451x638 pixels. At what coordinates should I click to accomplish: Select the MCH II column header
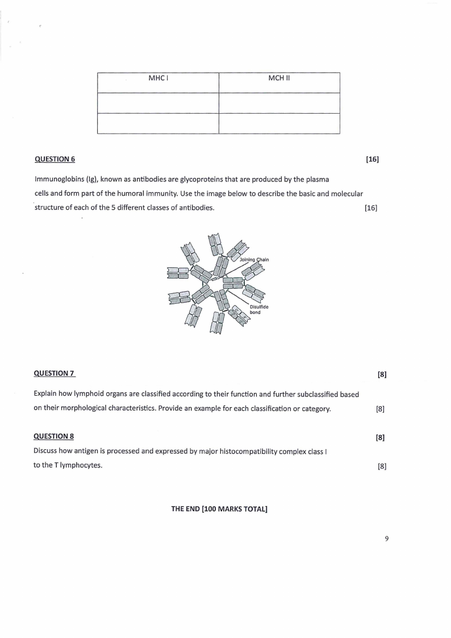pos(279,78)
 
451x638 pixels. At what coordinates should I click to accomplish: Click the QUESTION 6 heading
pos(55,159)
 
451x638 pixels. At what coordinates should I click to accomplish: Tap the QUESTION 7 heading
pos(55,374)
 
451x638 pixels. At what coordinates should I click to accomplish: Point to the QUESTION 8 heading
pos(54,437)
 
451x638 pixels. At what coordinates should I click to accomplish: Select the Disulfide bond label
pos(255,309)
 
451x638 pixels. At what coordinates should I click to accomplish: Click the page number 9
pos(386,539)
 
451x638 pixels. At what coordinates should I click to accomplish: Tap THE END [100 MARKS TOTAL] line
pos(219,509)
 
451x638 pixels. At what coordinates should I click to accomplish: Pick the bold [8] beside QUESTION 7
pos(382,374)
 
